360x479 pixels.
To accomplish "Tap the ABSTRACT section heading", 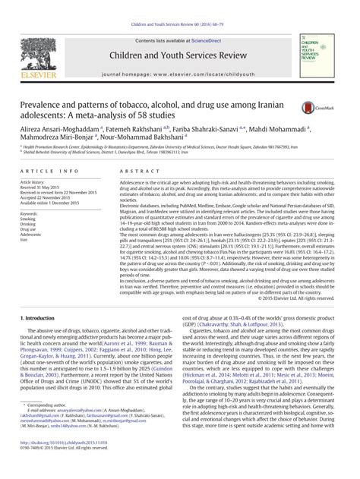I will click(x=135, y=173).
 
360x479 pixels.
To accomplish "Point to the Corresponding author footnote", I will click(x=42, y=427).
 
